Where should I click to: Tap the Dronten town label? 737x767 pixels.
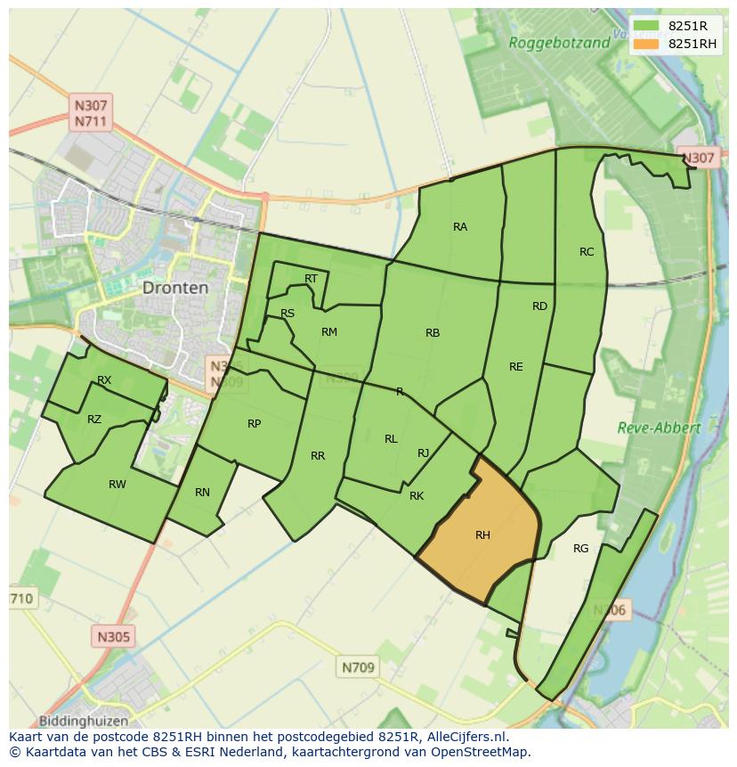tap(175, 288)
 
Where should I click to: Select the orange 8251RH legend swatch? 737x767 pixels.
tap(647, 44)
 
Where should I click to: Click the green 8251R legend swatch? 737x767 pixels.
tap(647, 26)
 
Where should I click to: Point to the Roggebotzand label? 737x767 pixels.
tap(559, 43)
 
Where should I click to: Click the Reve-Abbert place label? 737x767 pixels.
tap(659, 428)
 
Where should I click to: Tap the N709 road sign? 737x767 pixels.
tap(358, 666)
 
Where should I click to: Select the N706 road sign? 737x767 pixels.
tap(610, 610)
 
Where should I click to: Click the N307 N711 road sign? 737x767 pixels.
tap(91, 113)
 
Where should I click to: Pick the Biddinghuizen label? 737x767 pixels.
tap(84, 721)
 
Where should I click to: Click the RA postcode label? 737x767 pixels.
tap(460, 227)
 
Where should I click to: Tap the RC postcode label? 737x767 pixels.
tap(587, 252)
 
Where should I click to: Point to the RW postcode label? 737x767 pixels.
tap(117, 485)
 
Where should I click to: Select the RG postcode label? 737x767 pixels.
tap(581, 549)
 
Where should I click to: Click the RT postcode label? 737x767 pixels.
tap(311, 279)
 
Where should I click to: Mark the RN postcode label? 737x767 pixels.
tap(202, 493)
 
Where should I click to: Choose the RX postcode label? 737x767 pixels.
tap(104, 380)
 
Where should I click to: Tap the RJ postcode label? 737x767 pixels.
tap(424, 453)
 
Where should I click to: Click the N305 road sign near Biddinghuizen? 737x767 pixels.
tap(113, 636)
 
